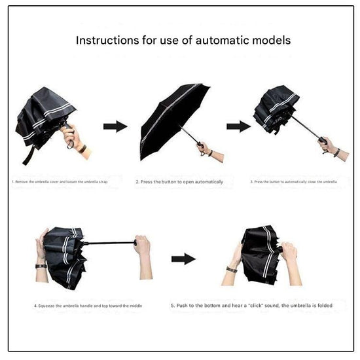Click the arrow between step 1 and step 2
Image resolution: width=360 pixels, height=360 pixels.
(116, 126)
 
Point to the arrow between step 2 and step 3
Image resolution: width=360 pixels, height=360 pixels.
(238, 126)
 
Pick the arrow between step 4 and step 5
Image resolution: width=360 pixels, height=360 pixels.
(183, 259)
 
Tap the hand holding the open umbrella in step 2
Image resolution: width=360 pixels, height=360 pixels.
(206, 149)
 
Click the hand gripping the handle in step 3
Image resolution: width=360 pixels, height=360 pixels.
(327, 144)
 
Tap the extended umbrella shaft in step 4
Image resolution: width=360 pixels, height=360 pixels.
(108, 243)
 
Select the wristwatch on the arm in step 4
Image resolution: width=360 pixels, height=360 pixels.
(41, 264)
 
